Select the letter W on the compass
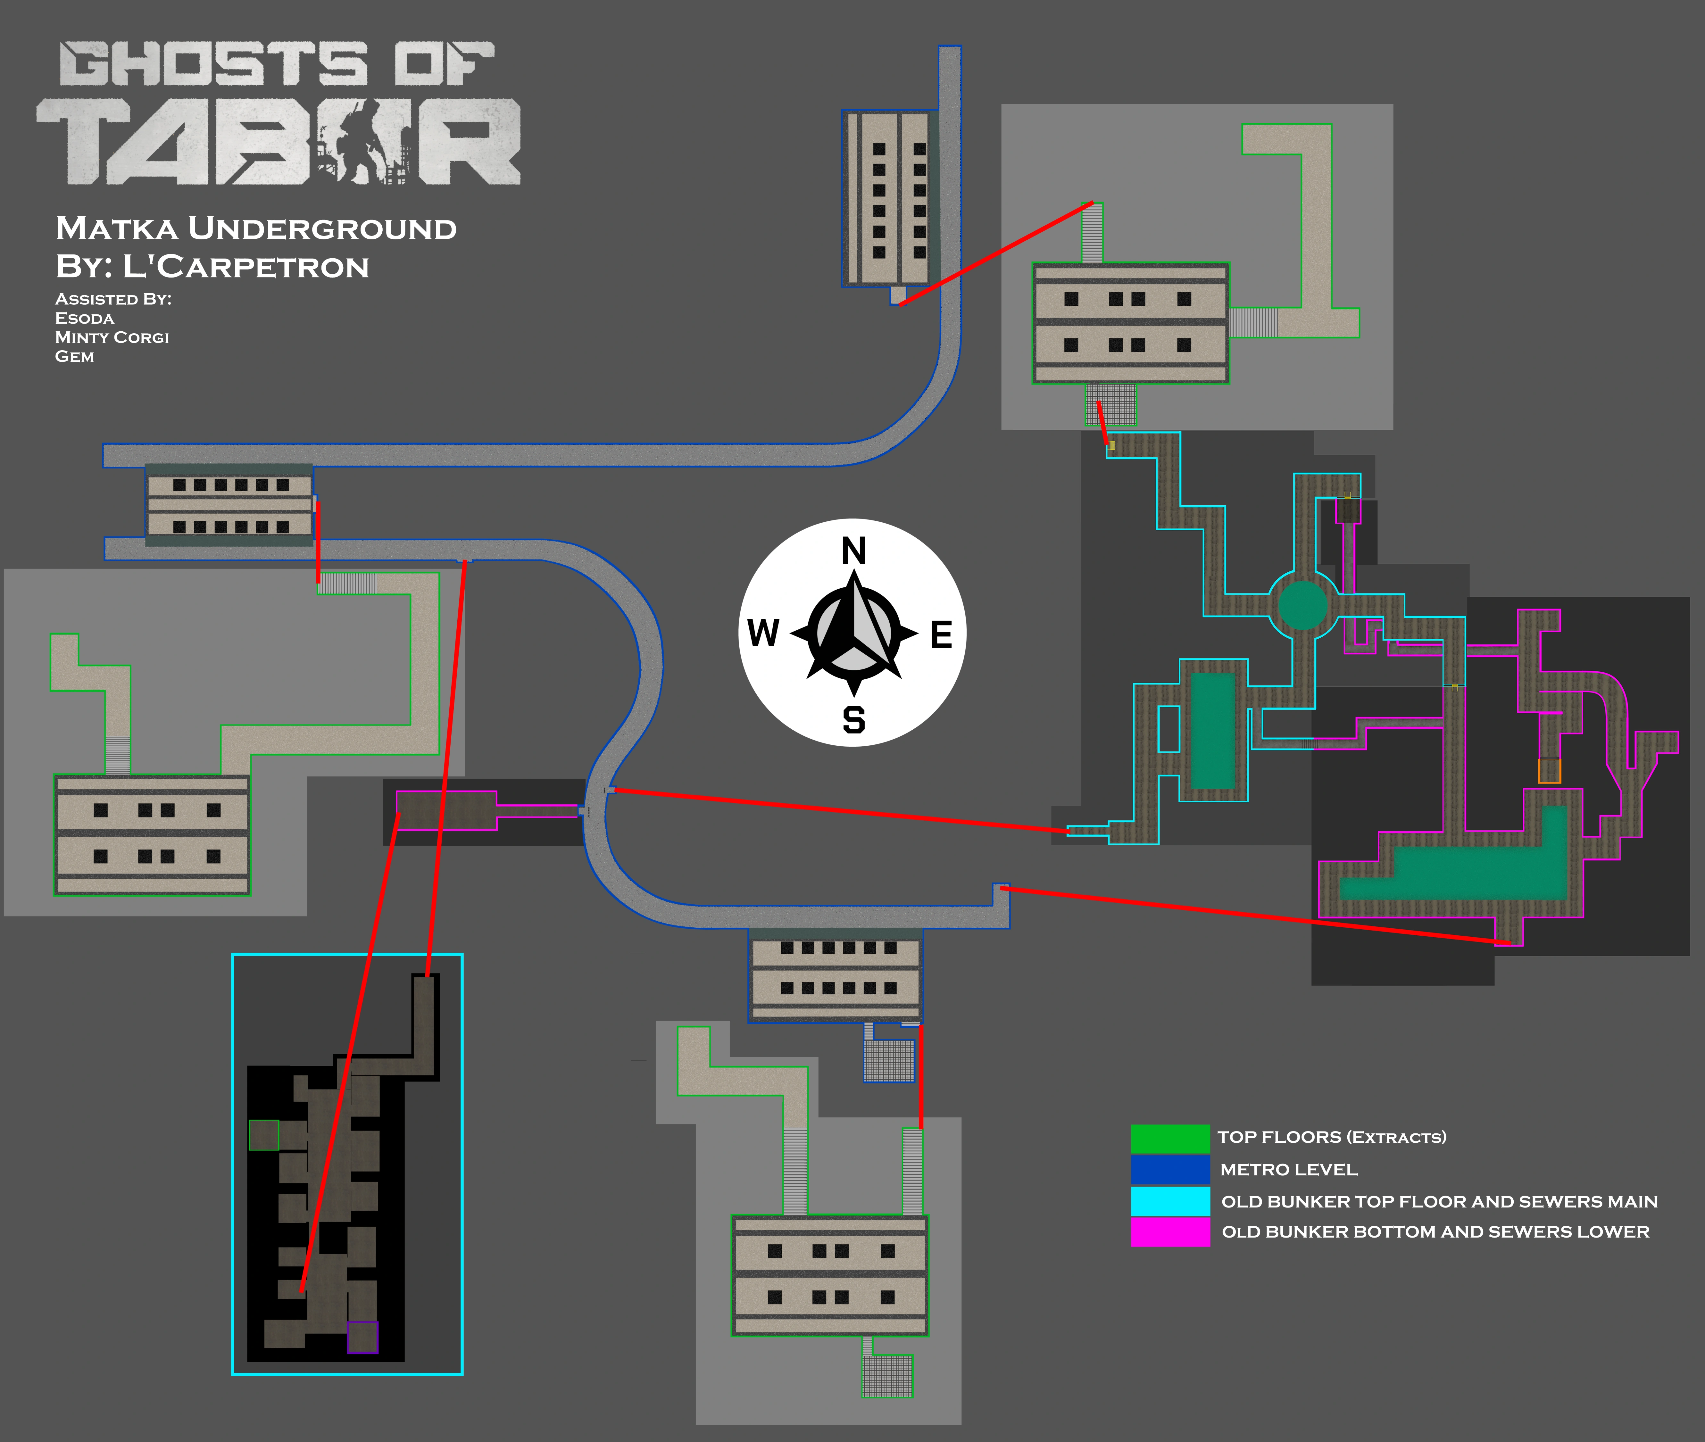763,633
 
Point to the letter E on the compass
942,634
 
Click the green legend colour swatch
1170,1138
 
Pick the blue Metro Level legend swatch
1170,1169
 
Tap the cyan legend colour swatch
1170,1201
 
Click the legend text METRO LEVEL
1289,1170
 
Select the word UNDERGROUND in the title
322,229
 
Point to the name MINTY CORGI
112,338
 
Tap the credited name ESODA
84,318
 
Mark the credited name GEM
74,356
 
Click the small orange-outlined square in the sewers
1550,771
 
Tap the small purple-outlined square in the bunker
363,1337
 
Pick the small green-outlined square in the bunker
264,1135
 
